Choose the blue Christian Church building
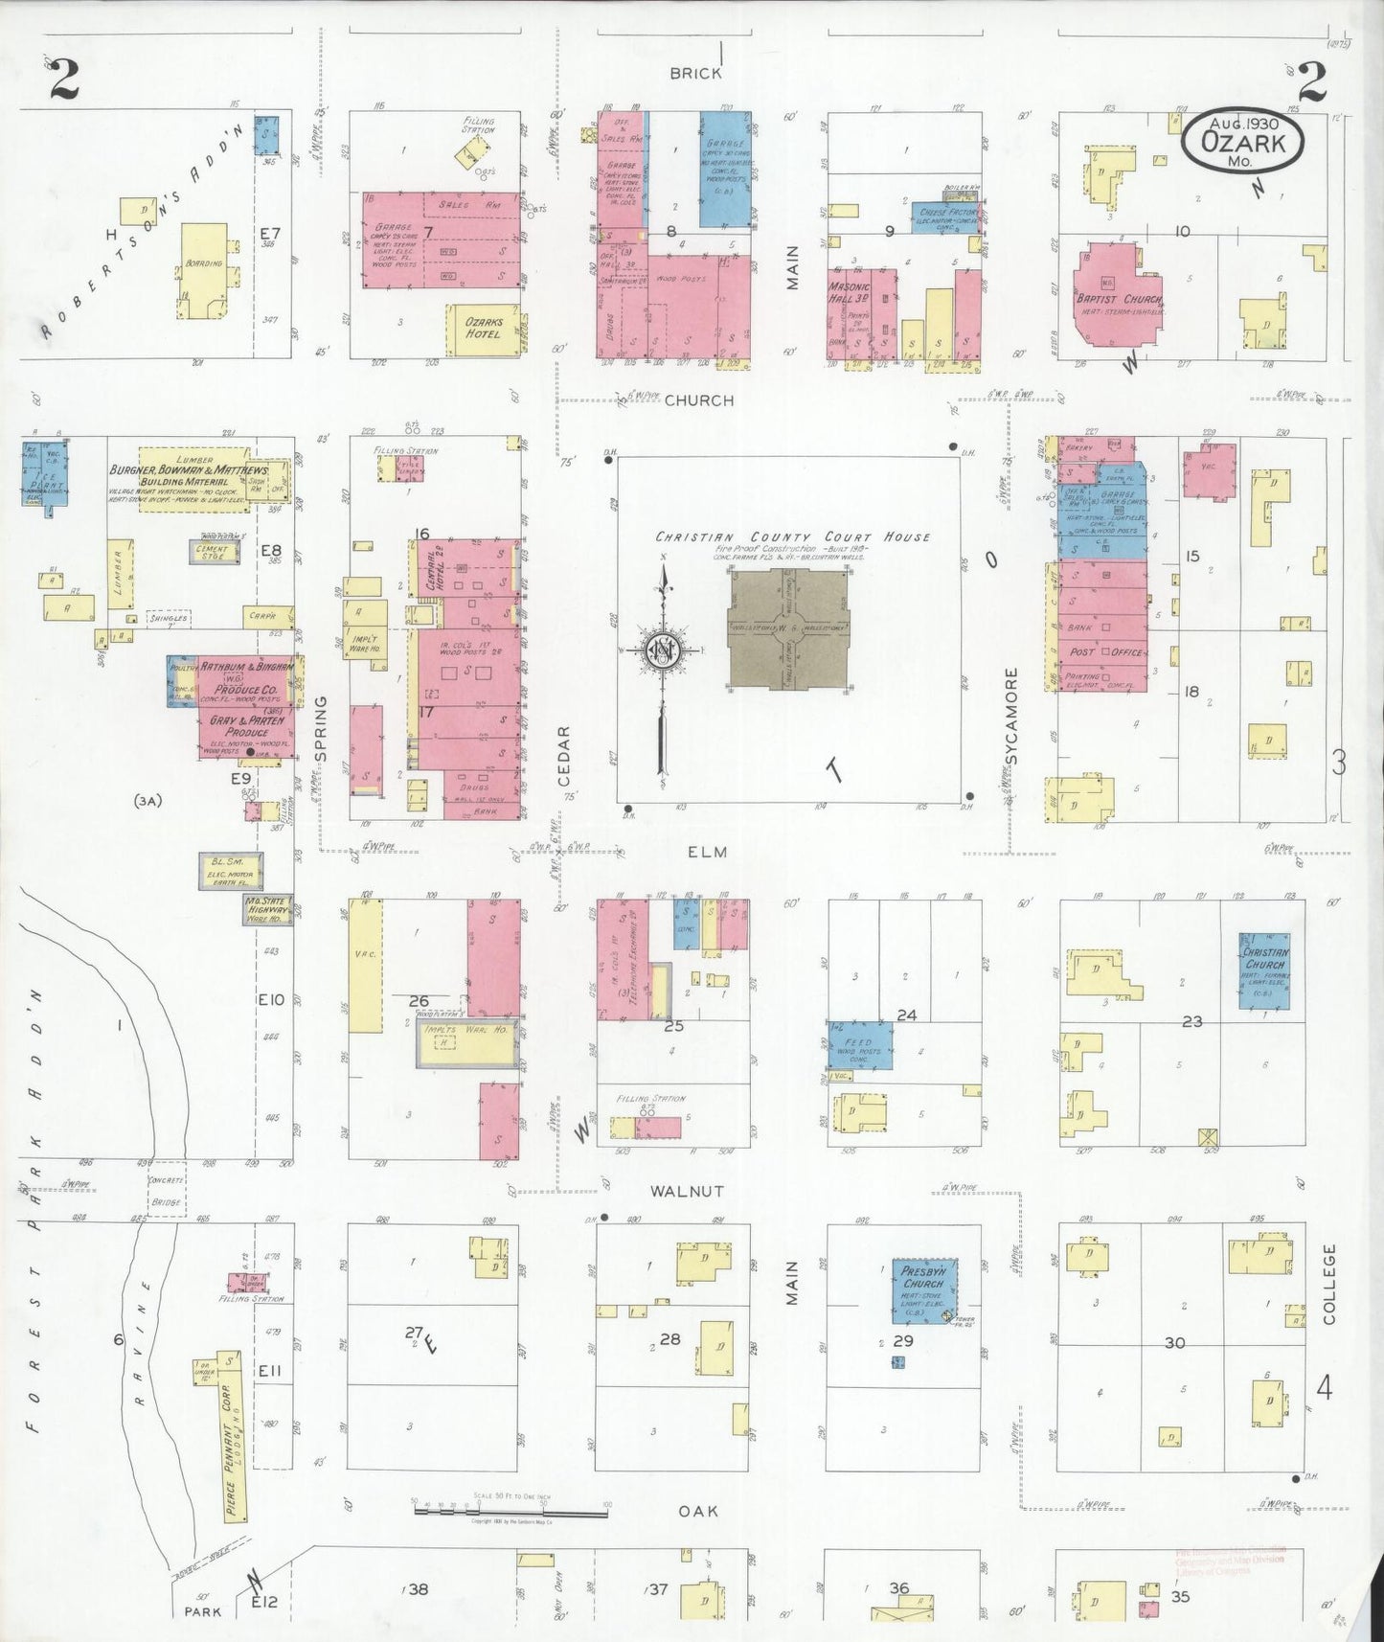pos(1264,970)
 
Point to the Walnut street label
pos(687,1191)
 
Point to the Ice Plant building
pos(44,473)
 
